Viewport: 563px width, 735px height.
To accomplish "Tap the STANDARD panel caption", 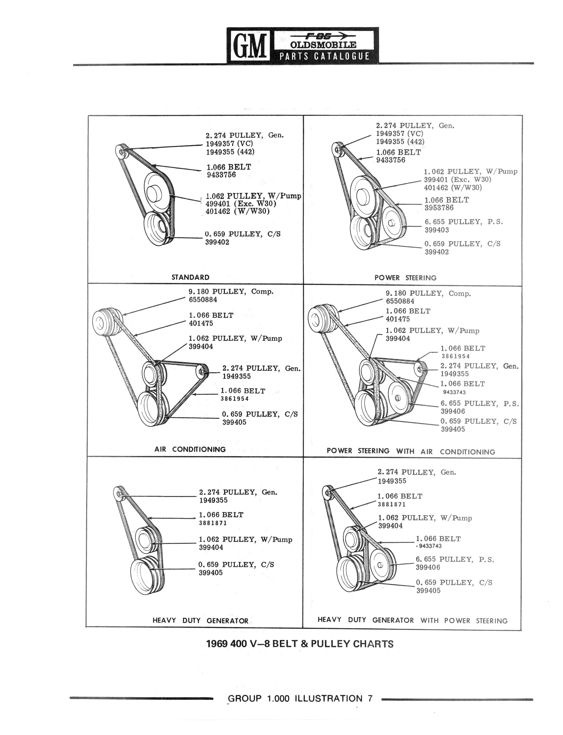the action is coord(190,277).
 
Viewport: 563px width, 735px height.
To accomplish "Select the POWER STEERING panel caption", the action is coord(405,278).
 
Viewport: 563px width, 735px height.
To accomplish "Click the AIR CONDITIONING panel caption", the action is coord(190,449).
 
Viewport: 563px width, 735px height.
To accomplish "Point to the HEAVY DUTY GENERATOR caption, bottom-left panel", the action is coord(200,620).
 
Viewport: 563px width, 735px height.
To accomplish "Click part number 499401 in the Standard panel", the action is coord(218,204).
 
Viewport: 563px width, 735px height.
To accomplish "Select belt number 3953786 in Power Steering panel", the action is coord(439,208).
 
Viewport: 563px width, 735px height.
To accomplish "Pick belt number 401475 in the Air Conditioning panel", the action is coord(201,324).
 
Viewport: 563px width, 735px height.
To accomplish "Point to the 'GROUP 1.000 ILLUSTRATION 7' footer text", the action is coord(300,699).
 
